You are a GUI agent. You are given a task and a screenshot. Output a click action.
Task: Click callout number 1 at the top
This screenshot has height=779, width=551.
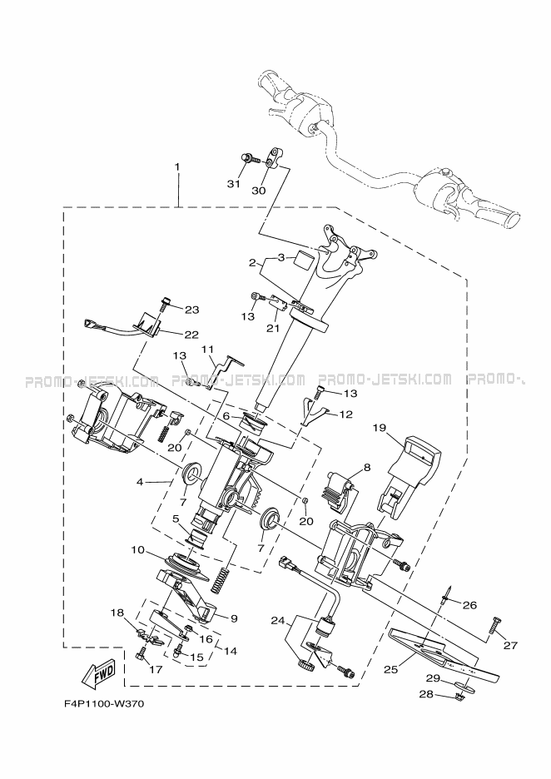(177, 167)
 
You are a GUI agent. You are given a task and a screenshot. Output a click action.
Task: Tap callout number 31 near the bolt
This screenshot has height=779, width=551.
(234, 183)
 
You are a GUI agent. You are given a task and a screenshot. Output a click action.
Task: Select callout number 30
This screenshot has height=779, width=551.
(258, 190)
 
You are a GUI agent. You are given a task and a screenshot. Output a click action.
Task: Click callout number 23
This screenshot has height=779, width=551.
(192, 310)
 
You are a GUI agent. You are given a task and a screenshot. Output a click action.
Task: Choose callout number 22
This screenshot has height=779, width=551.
(191, 335)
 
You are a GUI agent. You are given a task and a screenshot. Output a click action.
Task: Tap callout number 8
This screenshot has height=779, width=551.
(367, 468)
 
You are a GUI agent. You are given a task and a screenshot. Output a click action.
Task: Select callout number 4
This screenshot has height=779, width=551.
(140, 481)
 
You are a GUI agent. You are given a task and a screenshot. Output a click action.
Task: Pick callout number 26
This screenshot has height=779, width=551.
(469, 604)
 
